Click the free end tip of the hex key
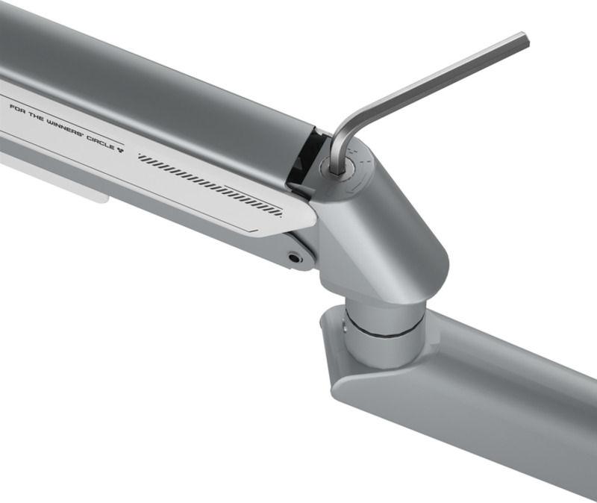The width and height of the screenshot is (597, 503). coord(525,40)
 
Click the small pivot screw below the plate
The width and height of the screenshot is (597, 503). coord(294,257)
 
